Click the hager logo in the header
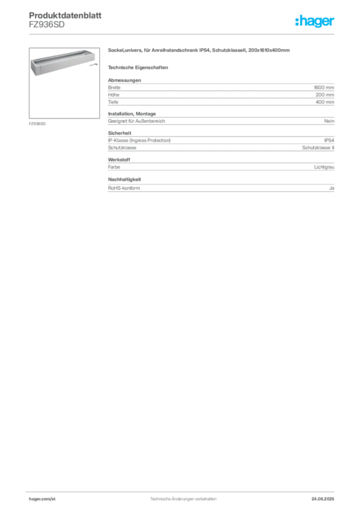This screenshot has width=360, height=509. click(314, 21)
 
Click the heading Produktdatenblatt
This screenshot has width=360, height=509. click(65, 15)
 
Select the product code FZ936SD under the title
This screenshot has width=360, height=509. click(47, 25)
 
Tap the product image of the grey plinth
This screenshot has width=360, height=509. click(64, 83)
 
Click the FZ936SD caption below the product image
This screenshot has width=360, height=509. click(37, 124)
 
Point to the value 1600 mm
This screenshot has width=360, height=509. click(324, 87)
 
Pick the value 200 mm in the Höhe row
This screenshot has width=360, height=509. click(325, 95)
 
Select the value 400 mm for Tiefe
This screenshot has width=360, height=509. click(325, 102)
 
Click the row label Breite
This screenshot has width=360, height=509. click(114, 87)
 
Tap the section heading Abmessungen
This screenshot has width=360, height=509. click(124, 80)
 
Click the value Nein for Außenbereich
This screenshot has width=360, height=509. click(329, 121)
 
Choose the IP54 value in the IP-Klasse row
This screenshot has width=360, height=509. click(329, 140)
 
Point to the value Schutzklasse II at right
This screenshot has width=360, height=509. click(318, 147)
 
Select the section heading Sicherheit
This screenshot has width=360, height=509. click(119, 133)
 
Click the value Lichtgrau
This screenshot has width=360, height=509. click(324, 167)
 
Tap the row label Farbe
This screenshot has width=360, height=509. click(114, 167)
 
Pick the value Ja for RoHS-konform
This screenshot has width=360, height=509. click(332, 188)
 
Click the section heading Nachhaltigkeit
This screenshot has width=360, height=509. click(124, 179)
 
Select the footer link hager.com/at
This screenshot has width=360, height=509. click(42, 499)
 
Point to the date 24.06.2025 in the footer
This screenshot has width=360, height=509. click(323, 499)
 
